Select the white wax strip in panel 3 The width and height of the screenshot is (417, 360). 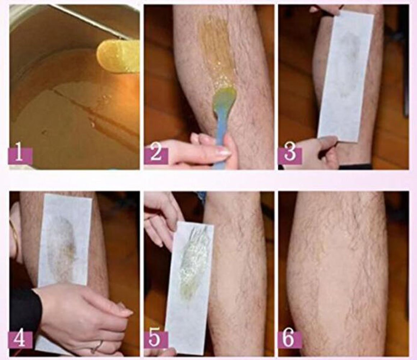[345, 76]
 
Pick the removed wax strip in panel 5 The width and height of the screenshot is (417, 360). [189, 281]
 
